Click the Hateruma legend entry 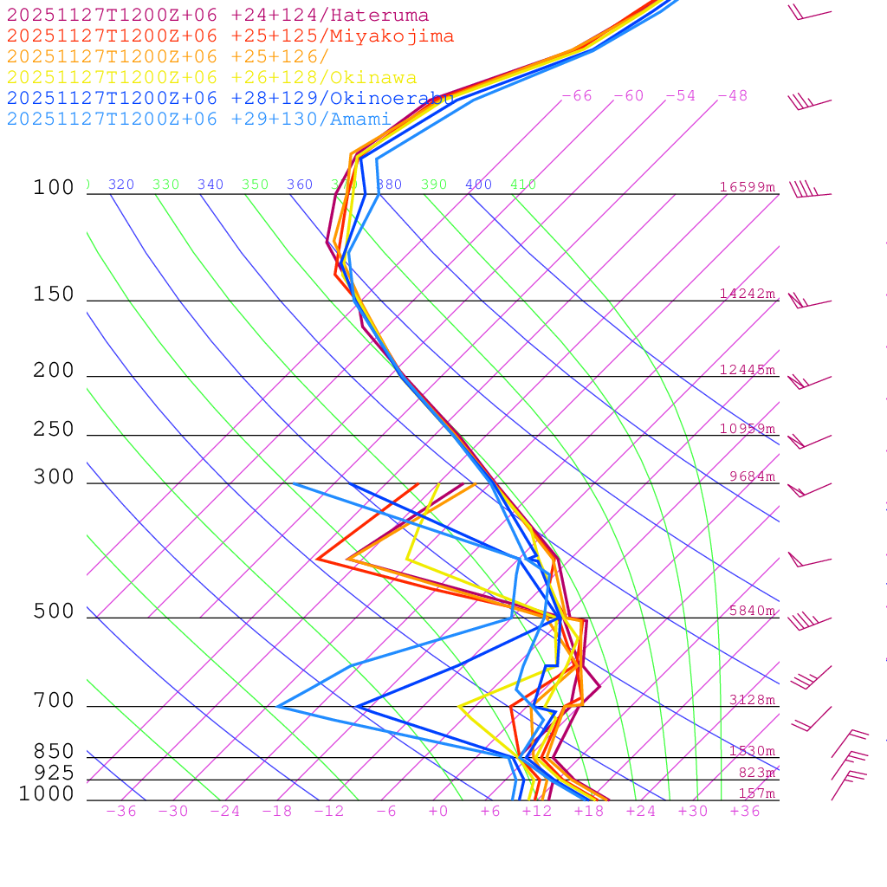pyautogui.click(x=217, y=16)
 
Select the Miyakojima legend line pyautogui.click(x=230, y=36)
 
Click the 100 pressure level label pyautogui.click(x=54, y=188)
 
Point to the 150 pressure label pyautogui.click(x=54, y=295)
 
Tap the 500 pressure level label pyautogui.click(x=54, y=612)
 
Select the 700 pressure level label pyautogui.click(x=54, y=701)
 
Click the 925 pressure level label pyautogui.click(x=54, y=772)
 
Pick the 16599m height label pyautogui.click(x=747, y=187)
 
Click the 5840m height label pyautogui.click(x=751, y=611)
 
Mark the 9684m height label pyautogui.click(x=751, y=476)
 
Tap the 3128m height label pyautogui.click(x=751, y=700)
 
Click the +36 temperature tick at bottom pyautogui.click(x=745, y=812)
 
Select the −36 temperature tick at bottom pyautogui.click(x=121, y=812)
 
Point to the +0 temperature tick pyautogui.click(x=438, y=812)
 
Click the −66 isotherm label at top pyautogui.click(x=577, y=96)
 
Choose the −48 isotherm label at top pyautogui.click(x=733, y=96)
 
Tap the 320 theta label pyautogui.click(x=121, y=185)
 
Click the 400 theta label pyautogui.click(x=478, y=185)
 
